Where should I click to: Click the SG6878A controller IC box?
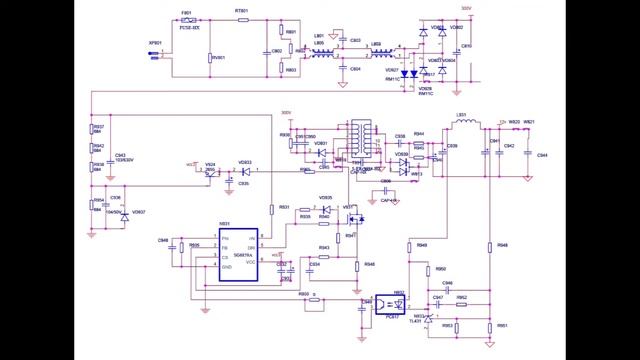point(240,250)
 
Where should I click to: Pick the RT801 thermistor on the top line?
point(242,19)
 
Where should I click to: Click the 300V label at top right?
point(466,8)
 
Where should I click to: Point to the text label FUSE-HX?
point(189,29)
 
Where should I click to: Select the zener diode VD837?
point(124,213)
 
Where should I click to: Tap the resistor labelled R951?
point(489,326)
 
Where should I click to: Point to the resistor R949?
point(409,245)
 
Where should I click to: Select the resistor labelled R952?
point(460,299)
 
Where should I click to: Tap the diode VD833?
point(242,171)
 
